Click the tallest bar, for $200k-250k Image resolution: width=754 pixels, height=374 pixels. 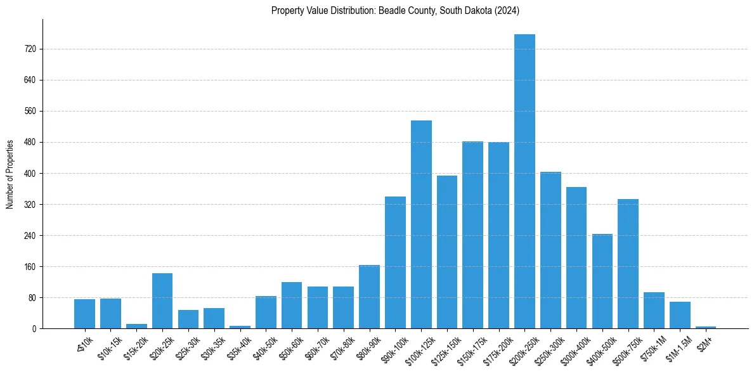coord(524,181)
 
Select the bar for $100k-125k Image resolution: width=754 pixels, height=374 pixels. coord(421,224)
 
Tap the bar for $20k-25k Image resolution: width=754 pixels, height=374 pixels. coord(162,301)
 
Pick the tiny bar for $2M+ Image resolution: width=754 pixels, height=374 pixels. coord(706,327)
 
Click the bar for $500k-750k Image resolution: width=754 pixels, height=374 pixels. coord(628,264)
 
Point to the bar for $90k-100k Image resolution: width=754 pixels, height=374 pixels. coord(395,262)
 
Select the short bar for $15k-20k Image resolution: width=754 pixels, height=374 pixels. coord(136,326)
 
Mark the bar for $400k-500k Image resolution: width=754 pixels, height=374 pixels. coord(602,281)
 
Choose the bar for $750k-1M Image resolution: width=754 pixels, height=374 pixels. coord(654,311)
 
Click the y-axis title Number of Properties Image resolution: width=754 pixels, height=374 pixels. coord(10,174)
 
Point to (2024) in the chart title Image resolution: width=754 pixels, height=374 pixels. coord(507,10)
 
